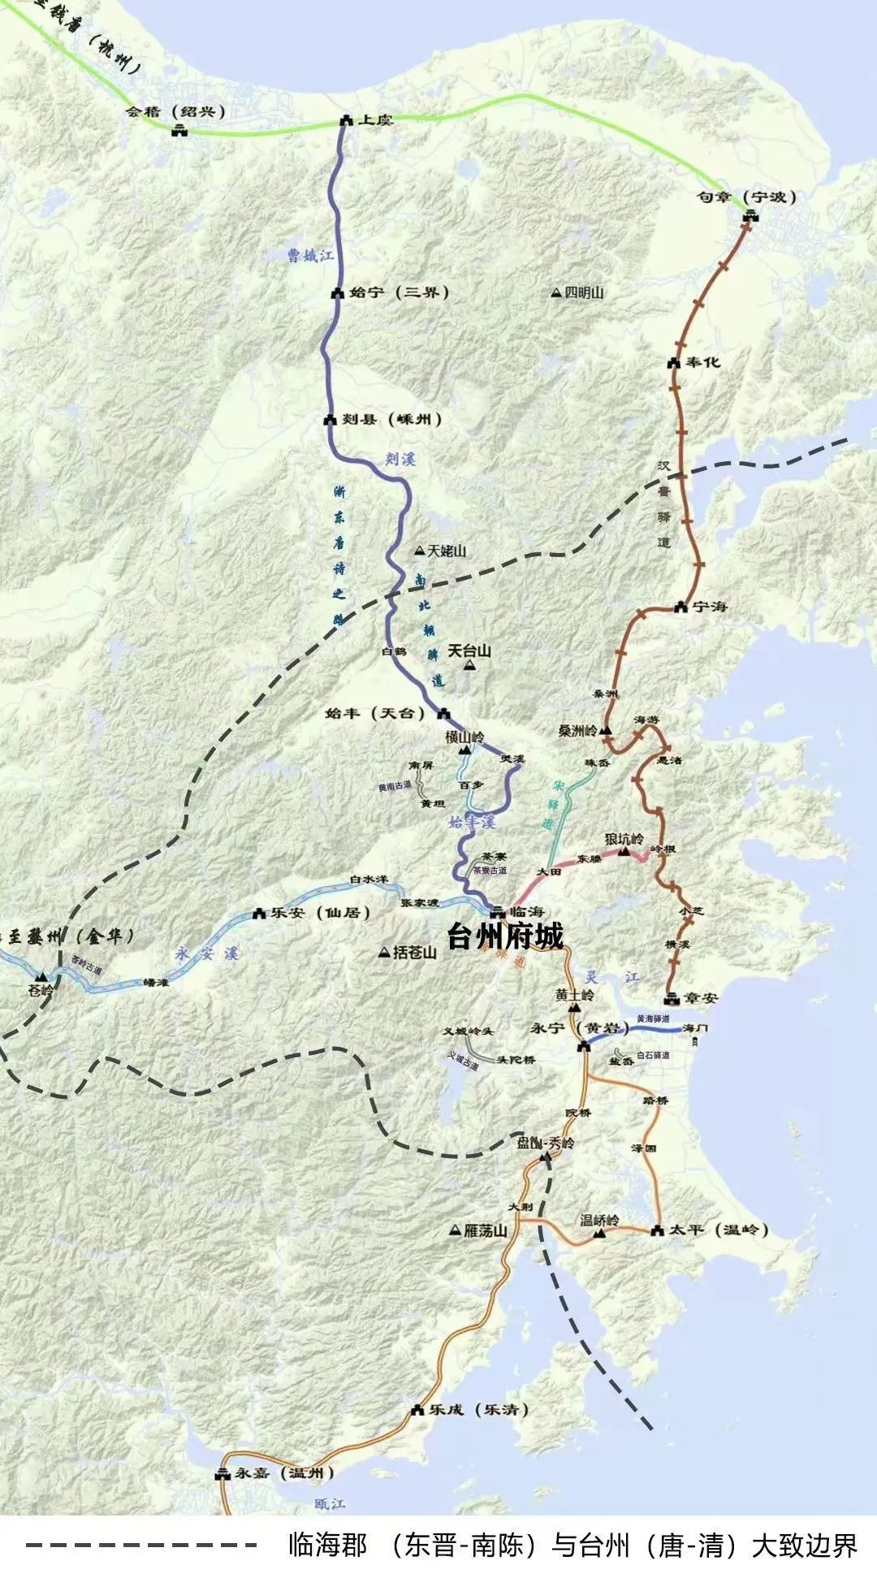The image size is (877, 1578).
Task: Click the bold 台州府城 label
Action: (x=505, y=936)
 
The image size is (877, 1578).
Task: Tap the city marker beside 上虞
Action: (x=345, y=120)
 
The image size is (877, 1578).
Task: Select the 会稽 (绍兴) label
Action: (x=176, y=112)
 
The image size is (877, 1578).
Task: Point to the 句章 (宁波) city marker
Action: (x=750, y=214)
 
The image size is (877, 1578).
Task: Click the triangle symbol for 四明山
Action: (x=556, y=292)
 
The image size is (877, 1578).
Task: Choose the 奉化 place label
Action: (x=703, y=362)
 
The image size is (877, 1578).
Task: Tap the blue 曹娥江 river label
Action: (x=310, y=257)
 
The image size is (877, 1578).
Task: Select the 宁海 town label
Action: (x=710, y=607)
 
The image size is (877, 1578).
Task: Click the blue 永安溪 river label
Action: (x=207, y=954)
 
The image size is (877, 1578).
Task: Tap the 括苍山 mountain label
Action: (x=414, y=952)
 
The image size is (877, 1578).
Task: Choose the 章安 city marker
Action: (x=671, y=998)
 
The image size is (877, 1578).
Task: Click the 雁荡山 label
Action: (x=486, y=1231)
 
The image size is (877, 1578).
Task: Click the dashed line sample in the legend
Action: (x=142, y=1546)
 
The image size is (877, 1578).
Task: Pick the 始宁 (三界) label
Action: (x=400, y=292)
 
